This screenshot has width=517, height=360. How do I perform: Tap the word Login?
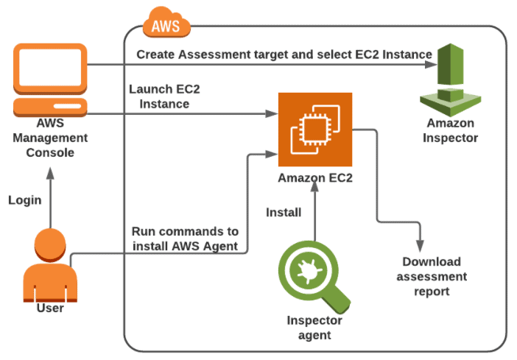(25, 200)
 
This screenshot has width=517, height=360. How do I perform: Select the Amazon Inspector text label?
(450, 130)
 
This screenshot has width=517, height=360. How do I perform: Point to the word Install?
(284, 213)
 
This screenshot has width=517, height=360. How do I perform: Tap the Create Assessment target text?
(284, 54)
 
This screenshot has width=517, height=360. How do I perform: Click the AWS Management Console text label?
(50, 138)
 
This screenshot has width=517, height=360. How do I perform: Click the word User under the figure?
(50, 308)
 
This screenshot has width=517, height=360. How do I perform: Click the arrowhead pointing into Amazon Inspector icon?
(429, 66)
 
